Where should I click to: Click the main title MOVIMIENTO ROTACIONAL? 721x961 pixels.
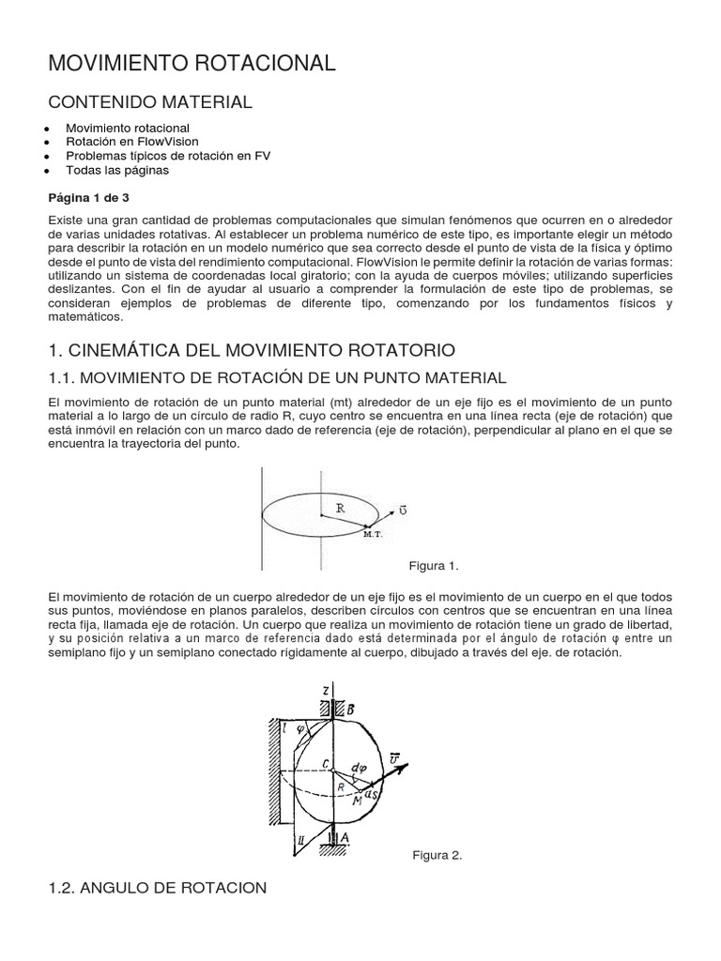coord(192,63)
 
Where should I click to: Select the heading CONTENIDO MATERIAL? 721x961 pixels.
coord(150,102)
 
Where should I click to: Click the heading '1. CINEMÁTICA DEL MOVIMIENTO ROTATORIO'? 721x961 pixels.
coord(251,350)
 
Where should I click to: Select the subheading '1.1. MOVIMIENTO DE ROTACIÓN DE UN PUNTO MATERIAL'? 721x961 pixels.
coord(277,377)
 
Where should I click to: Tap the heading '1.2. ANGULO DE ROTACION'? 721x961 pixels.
coord(158,887)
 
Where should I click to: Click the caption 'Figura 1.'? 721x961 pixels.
coord(433,566)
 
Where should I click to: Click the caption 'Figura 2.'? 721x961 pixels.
coord(437,855)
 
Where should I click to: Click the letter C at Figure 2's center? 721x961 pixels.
coord(324,765)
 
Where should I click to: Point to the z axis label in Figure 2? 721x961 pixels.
coord(324,690)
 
